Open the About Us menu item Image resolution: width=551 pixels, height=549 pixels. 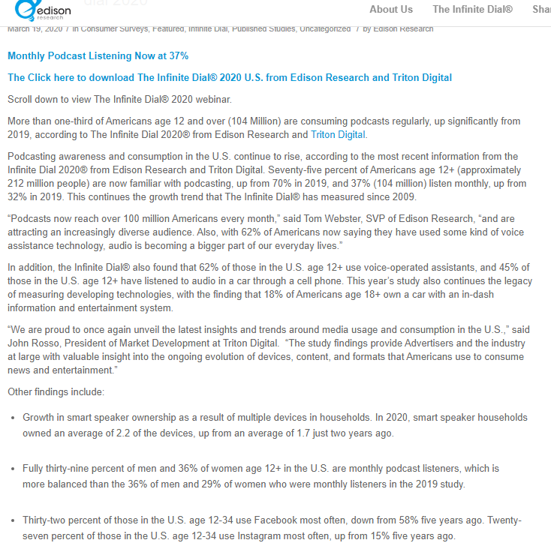click(x=391, y=9)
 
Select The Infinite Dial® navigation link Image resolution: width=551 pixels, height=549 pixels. click(x=472, y=9)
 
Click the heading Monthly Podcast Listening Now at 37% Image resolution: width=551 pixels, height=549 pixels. click(x=98, y=56)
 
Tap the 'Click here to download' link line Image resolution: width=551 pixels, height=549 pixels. click(x=230, y=77)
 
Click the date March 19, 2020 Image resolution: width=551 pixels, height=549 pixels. click(x=35, y=29)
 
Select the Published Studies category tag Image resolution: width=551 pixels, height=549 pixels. click(x=263, y=29)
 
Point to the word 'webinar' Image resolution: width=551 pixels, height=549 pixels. click(x=212, y=99)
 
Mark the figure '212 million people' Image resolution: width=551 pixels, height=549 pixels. click(x=55, y=183)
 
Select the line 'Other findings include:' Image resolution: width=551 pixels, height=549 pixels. click(x=56, y=391)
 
